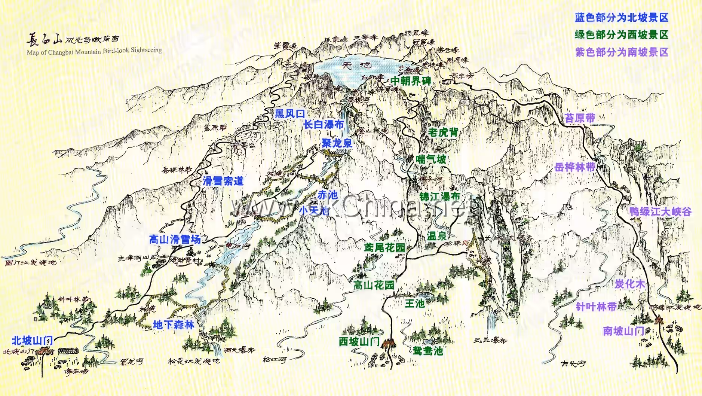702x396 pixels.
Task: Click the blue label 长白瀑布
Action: click(x=324, y=125)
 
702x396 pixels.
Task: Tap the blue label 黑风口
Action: click(x=290, y=114)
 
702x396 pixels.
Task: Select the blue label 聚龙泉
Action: click(x=337, y=143)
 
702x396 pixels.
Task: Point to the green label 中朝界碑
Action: click(x=411, y=81)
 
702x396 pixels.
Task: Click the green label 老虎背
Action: click(x=443, y=132)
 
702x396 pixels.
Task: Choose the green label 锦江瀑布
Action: click(x=440, y=197)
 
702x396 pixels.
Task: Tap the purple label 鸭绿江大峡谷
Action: click(x=660, y=212)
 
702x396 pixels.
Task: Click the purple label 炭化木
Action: click(x=630, y=284)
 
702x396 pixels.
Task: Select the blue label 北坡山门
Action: click(x=32, y=341)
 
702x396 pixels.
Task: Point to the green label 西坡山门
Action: click(x=359, y=342)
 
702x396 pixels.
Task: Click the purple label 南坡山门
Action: click(x=623, y=331)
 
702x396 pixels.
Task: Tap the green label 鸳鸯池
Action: click(x=428, y=351)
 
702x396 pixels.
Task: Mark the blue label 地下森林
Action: click(x=174, y=325)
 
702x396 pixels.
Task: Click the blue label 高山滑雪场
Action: click(x=175, y=240)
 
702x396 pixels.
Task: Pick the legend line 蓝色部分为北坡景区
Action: click(x=621, y=18)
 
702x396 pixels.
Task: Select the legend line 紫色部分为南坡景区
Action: click(x=621, y=52)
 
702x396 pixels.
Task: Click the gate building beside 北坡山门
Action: click(x=45, y=351)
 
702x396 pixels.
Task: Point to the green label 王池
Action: click(x=415, y=304)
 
